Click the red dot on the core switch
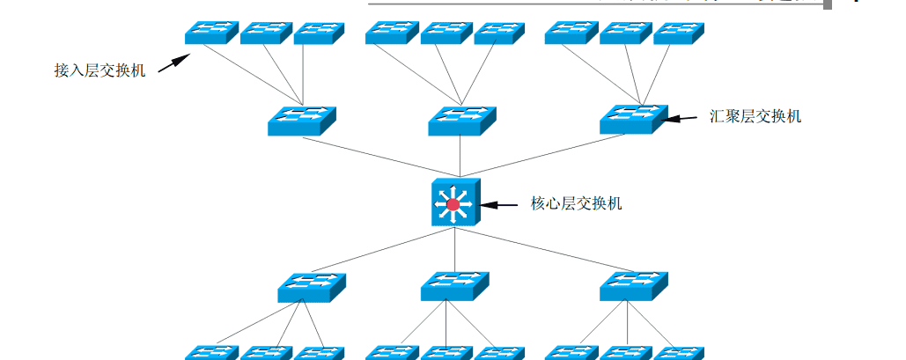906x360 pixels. coord(453,205)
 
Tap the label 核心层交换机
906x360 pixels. coord(577,203)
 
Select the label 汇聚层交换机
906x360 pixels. coord(755,116)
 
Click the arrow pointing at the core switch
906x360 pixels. coord(498,204)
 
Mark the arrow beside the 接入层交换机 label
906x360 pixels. coord(174,64)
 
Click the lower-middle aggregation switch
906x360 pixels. coord(454,287)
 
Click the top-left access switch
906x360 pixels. coord(211,33)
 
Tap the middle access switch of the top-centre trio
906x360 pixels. coord(446,33)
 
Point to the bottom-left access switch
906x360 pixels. coord(211,353)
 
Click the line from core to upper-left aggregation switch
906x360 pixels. coord(379,156)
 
